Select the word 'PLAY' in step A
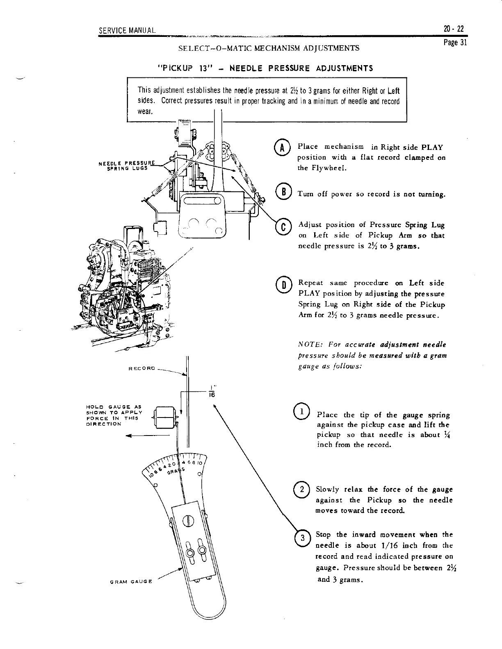coord(432,147)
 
